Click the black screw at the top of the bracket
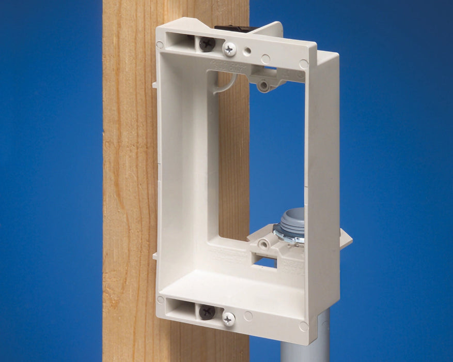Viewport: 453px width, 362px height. pos(207,43)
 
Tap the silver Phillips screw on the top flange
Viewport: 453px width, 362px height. pos(229,49)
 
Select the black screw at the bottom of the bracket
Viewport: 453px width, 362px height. pos(207,312)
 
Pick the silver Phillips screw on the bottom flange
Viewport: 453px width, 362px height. pos(228,319)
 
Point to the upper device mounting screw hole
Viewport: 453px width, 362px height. pos(263,82)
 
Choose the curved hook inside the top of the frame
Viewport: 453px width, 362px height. pos(228,85)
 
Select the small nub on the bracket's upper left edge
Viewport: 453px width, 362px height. pos(154,82)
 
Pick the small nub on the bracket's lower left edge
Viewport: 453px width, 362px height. pos(154,255)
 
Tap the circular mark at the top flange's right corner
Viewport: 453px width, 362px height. pos(304,65)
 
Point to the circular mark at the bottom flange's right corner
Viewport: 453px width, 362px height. pos(303,326)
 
